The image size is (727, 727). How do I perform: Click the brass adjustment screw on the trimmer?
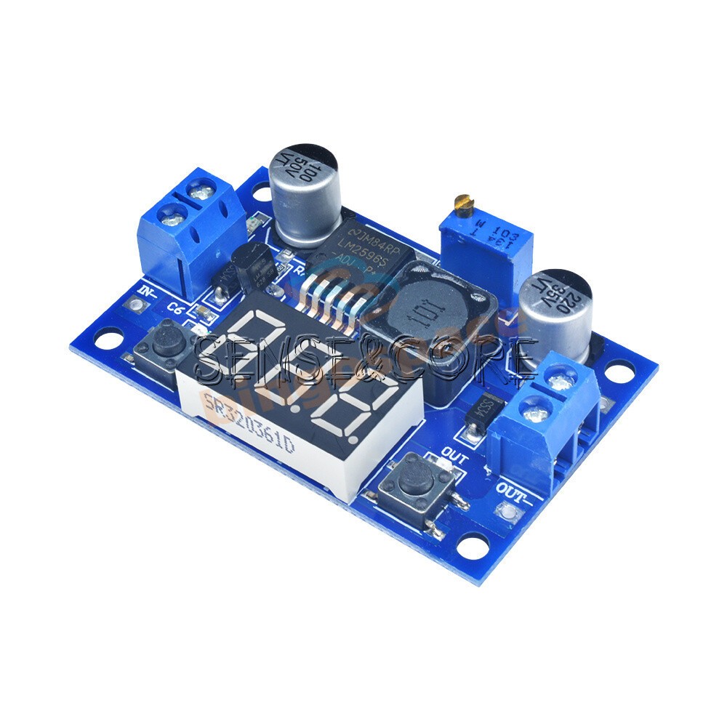pos(459,201)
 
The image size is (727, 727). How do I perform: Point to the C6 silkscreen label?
pos(174,308)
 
